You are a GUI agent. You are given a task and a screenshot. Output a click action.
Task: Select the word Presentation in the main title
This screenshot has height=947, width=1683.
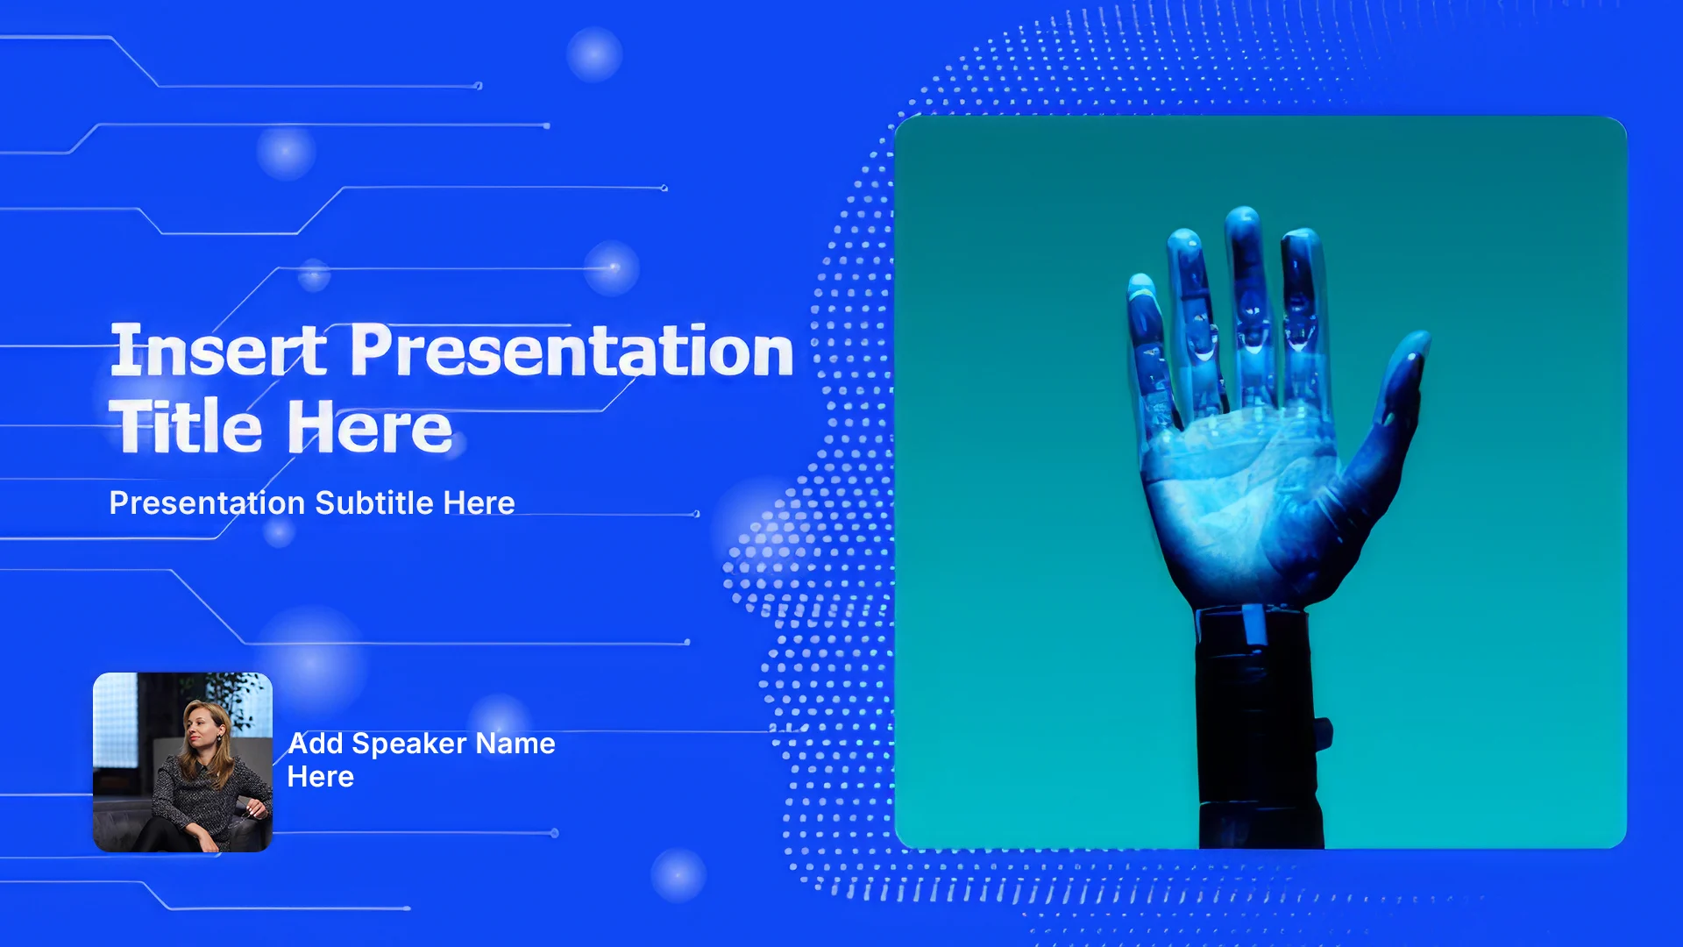572,351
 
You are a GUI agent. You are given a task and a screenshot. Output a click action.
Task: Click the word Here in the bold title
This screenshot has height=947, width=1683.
370,426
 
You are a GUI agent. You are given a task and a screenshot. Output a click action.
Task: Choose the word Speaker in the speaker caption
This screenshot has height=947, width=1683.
409,744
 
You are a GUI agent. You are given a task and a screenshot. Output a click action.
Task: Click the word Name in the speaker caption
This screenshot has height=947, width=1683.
515,744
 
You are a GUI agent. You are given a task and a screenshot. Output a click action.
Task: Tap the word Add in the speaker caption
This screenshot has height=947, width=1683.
316,744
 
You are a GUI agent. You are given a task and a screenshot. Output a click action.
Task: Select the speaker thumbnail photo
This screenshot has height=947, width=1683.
182,762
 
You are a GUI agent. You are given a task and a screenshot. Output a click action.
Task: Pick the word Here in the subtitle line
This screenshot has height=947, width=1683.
479,503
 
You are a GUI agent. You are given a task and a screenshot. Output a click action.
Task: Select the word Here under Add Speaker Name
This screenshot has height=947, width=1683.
321,777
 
